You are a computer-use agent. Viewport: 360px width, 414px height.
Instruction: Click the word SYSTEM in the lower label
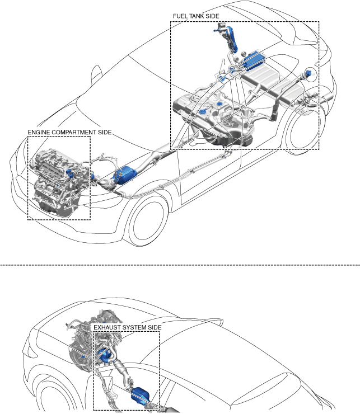click(134, 327)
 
